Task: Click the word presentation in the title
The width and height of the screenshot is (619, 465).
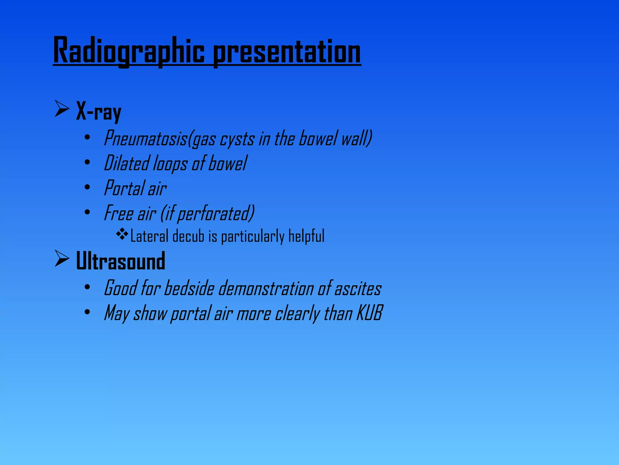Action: click(287, 51)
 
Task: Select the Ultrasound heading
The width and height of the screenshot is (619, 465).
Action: click(121, 261)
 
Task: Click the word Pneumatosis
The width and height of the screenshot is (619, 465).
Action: click(145, 139)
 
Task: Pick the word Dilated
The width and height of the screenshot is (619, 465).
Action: click(126, 163)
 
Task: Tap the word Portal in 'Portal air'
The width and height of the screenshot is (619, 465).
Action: click(124, 188)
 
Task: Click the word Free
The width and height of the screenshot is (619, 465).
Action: click(118, 213)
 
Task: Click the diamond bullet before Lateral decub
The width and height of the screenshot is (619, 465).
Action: click(122, 234)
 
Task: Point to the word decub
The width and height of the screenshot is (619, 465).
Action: click(188, 236)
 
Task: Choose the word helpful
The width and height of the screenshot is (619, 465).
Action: click(306, 236)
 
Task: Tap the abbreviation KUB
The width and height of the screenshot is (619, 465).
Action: click(370, 313)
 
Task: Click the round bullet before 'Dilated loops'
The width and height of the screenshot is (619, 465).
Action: click(87, 163)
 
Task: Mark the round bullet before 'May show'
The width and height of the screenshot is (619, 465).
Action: click(87, 312)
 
